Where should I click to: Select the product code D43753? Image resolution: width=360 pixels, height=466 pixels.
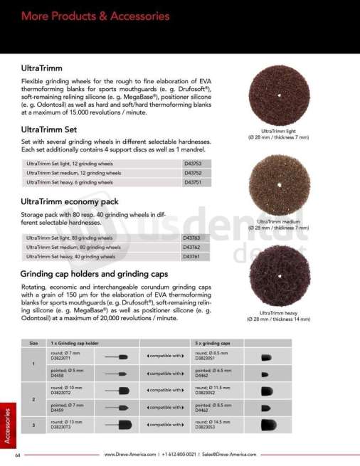tap(193, 164)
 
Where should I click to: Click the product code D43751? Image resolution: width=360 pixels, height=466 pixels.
tap(193, 181)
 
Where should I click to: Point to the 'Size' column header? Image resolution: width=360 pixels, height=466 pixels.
tap(33, 343)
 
